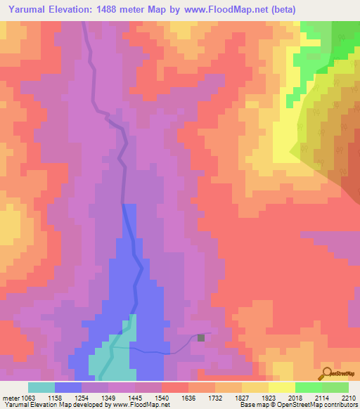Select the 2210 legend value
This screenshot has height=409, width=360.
[x=349, y=398]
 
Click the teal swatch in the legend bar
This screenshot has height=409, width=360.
[x=41, y=387]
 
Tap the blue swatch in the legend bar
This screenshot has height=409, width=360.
[x=68, y=387]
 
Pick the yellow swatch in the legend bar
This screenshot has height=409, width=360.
[x=281, y=387]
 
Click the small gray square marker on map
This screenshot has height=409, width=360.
[x=202, y=337]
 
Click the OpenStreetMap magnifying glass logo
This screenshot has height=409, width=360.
[x=326, y=372]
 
